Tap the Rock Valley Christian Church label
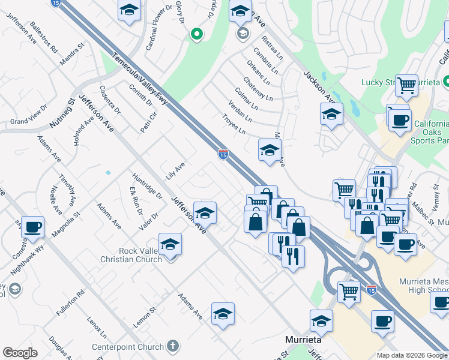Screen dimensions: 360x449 133,255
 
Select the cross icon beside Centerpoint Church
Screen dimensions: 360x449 172,346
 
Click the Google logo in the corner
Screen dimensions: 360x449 20,353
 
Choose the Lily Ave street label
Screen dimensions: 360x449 175,170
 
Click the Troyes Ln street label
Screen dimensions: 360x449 234,124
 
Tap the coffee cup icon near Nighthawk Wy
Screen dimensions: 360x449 32,227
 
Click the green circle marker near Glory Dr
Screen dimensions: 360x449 196,35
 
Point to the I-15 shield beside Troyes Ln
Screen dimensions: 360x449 223,154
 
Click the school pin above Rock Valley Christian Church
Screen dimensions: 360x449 170,244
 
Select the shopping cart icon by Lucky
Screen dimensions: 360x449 406,85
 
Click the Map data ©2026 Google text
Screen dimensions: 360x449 412,355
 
